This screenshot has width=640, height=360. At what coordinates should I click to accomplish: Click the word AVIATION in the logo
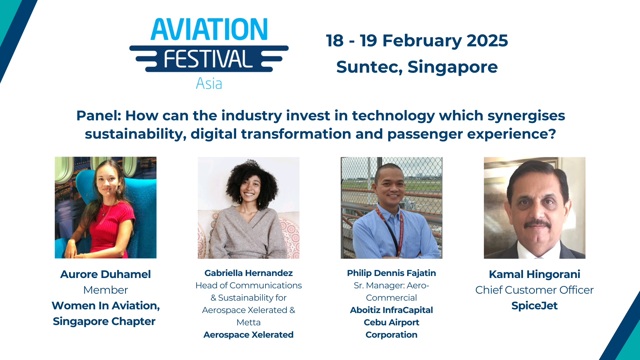[x=209, y=30]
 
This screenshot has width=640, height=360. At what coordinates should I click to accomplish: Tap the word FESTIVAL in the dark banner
[x=208, y=59]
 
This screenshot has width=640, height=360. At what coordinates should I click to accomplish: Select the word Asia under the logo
[x=209, y=84]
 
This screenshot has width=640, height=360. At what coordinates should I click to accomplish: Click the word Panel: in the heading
[x=99, y=116]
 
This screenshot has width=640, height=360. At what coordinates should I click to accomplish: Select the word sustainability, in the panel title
[x=135, y=134]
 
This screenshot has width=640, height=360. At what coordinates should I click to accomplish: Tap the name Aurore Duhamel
[x=105, y=274]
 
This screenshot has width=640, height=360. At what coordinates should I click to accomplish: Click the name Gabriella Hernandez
[x=248, y=273]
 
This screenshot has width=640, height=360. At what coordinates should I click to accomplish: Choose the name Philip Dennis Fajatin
[x=391, y=273]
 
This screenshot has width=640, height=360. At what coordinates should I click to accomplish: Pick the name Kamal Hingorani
[x=534, y=274]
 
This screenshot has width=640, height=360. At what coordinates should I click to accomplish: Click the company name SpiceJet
[x=534, y=306]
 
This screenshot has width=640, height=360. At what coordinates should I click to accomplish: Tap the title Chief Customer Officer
[x=534, y=290]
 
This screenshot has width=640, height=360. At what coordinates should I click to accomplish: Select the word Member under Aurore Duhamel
[x=105, y=290]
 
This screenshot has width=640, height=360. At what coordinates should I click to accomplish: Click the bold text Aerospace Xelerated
[x=248, y=335]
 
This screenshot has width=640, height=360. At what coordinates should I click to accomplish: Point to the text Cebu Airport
[x=391, y=322]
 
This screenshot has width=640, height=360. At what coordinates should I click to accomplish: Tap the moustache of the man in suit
[x=537, y=223]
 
